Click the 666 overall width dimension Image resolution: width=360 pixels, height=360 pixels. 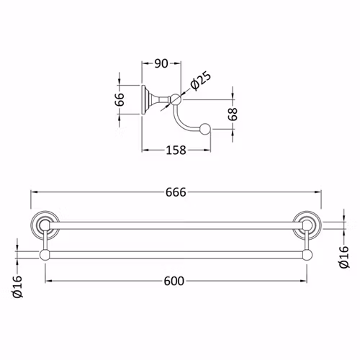176,192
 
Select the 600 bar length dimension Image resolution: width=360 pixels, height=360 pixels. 174,281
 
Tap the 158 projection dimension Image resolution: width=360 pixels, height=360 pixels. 176,150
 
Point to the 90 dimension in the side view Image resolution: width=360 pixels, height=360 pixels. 161,63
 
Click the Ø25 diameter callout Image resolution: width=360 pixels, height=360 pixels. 201,81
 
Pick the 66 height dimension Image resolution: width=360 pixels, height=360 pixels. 120,99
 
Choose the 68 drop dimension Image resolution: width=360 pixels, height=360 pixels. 233,114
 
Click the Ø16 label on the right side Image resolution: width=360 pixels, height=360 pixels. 344,257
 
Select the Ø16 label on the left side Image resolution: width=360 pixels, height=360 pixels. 18,287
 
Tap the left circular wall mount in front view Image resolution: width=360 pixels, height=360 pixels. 45,225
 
